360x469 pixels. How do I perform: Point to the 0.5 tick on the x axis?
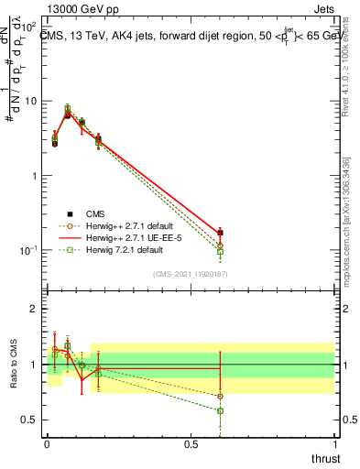pos(191,443)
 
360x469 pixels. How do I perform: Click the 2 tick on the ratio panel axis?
pos(37,309)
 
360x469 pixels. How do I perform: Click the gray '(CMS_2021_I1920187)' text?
pos(191,273)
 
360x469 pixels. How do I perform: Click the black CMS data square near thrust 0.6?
pos(220,233)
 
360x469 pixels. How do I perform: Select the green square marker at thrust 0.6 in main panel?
pos(220,252)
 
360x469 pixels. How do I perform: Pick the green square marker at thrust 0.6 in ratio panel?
pos(220,410)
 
